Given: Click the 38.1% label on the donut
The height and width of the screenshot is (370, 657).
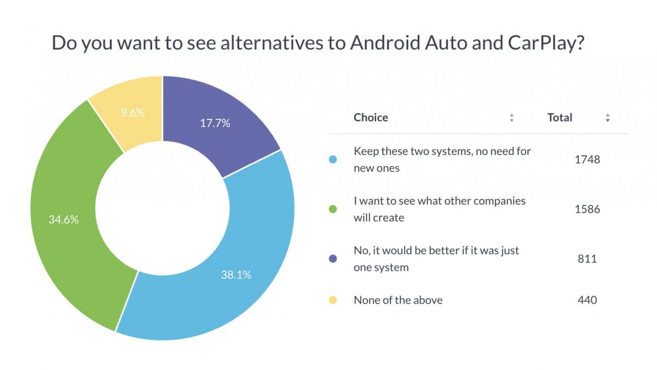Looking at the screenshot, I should tap(235, 275).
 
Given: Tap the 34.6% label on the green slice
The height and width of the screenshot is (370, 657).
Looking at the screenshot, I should tap(64, 220).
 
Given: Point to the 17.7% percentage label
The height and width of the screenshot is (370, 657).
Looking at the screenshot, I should tap(215, 123).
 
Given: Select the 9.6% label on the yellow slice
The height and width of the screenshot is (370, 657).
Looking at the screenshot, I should tap(132, 113).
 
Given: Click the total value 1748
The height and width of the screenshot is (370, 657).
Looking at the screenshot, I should tap(587, 160).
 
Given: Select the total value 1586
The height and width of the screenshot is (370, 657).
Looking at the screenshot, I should tap(587, 209).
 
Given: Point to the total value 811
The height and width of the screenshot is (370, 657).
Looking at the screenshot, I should tap(587, 259).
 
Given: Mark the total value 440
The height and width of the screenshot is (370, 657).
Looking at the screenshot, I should tap(587, 300).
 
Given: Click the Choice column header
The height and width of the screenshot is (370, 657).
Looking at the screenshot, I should tap(371, 117).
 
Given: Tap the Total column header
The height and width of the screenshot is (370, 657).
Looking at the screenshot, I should tap(560, 117).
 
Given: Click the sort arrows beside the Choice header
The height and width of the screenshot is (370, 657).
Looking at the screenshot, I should tap(511, 118).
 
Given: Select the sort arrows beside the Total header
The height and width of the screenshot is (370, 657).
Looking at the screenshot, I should tap(607, 118).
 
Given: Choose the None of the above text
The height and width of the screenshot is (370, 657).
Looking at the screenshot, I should tap(398, 300).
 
